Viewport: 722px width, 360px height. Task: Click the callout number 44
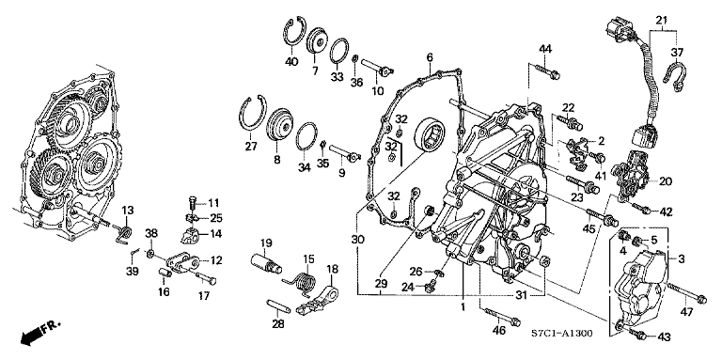click(545, 48)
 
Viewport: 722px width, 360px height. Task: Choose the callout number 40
click(291, 62)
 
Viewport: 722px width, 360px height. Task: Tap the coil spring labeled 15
click(302, 280)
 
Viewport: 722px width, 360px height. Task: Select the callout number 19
click(266, 243)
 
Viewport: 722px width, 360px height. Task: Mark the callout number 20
click(666, 182)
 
